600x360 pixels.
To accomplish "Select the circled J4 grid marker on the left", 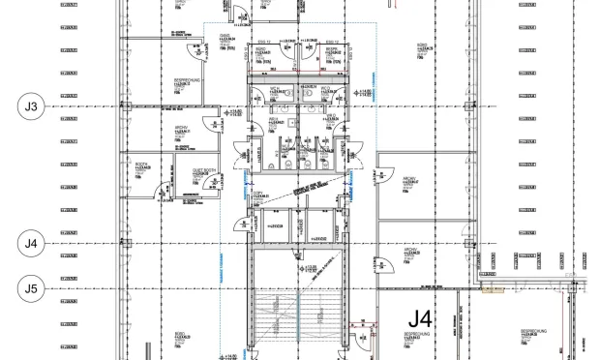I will point(32,242).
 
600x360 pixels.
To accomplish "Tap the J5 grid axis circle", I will point(32,287).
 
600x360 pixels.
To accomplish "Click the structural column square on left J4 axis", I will point(123,242).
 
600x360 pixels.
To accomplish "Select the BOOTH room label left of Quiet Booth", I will point(142,165).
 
